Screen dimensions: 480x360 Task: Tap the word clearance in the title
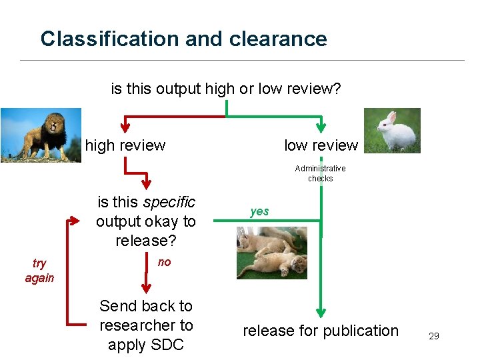pos(278,39)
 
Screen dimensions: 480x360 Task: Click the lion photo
pos(41,135)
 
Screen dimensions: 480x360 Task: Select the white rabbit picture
pos(392,131)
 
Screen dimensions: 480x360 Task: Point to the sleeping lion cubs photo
pos(272,253)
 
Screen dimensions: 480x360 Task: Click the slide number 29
pos(433,336)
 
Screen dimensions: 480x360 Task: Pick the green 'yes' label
pos(259,211)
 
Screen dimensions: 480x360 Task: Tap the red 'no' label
pos(164,262)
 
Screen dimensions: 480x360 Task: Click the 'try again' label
pos(39,271)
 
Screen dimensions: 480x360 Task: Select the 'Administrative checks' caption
pos(320,173)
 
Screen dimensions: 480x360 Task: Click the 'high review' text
pos(125,145)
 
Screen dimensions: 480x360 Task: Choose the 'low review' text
pos(321,145)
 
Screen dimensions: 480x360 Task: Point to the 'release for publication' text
pos(320,331)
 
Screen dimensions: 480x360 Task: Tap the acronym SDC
pos(167,345)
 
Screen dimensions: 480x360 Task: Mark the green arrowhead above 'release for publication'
pos(321,311)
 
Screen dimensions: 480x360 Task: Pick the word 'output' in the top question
pos(180,89)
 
